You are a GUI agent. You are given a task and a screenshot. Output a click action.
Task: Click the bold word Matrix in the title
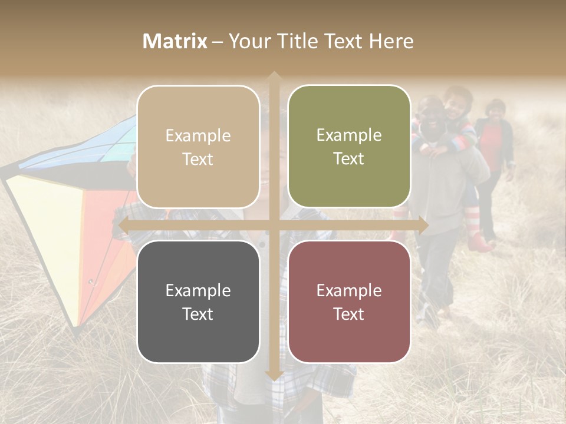[175, 41]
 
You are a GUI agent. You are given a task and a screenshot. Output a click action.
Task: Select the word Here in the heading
[391, 41]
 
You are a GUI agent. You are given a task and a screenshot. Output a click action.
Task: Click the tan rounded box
[198, 147]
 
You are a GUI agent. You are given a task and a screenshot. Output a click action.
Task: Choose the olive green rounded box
[349, 147]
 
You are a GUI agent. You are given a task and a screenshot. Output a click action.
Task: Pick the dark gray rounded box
[198, 302]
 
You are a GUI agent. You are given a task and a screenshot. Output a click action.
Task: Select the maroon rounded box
[349, 302]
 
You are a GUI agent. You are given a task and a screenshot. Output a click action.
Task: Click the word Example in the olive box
[349, 135]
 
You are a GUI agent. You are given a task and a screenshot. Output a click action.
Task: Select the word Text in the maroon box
[349, 314]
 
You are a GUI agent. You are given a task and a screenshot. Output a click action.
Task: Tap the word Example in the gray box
[198, 290]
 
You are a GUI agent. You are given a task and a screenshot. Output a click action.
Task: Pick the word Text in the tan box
[198, 159]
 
